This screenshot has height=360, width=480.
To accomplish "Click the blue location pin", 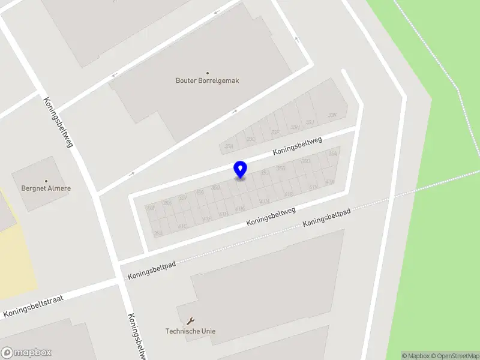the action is click(x=240, y=170).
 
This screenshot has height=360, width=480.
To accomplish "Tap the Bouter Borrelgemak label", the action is click(x=207, y=80).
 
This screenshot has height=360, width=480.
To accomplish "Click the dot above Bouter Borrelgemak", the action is click(x=208, y=73).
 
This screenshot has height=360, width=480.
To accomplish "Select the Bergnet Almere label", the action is click(x=46, y=188).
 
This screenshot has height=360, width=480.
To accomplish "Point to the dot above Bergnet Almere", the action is click(x=46, y=181).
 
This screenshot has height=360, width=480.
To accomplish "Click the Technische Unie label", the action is click(x=190, y=331).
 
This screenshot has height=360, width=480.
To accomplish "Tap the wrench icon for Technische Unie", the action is click(x=191, y=321).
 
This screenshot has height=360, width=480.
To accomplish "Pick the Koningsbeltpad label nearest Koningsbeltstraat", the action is click(x=152, y=269).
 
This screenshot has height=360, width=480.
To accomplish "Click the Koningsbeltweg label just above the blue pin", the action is click(x=298, y=146).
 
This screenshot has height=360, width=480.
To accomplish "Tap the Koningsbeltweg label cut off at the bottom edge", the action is click(x=137, y=337).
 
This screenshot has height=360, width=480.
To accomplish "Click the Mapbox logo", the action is click(x=26, y=353).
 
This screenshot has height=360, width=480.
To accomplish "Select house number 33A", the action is click(x=228, y=146).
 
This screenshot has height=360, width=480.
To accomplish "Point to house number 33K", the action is click(x=332, y=115).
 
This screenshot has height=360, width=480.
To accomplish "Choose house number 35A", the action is click(x=333, y=154).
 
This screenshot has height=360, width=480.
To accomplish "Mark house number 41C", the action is click(x=182, y=226).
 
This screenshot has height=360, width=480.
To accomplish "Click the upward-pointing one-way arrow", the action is click(x=296, y=40).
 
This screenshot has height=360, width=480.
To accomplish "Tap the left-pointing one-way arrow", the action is click(x=115, y=76).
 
